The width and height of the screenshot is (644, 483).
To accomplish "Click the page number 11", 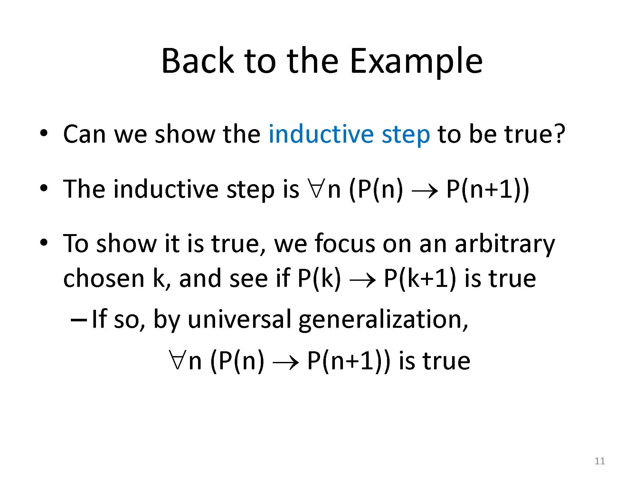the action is [600, 461].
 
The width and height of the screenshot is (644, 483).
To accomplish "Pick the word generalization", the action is [383, 320].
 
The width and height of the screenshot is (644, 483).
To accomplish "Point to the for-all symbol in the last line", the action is [177, 361].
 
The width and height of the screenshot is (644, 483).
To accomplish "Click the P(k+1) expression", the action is [420, 279].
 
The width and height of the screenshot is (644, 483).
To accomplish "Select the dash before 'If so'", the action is [78, 320].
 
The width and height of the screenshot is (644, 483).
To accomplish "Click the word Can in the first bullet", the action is [84, 134].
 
